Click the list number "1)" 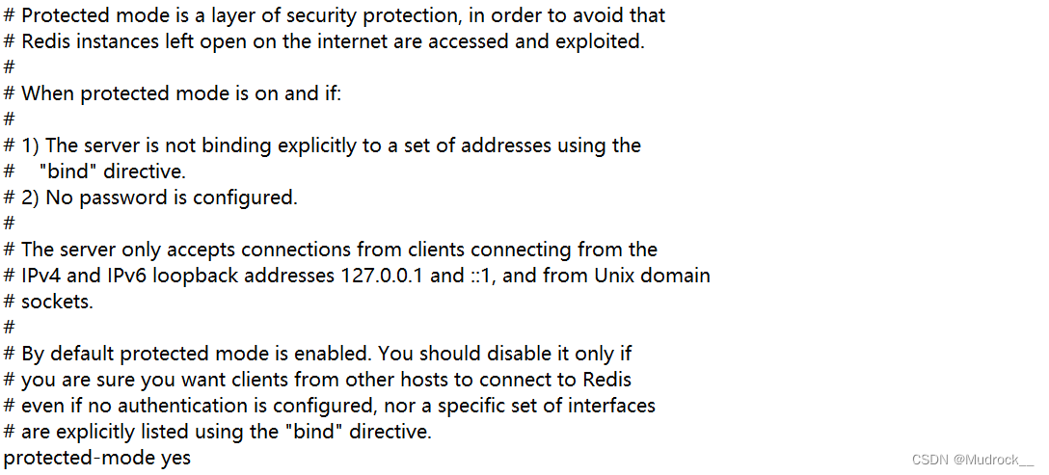coord(31,145)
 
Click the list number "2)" coord(31,198)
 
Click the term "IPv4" coord(40,276)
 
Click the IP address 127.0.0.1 coord(382,276)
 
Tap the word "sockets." coord(58,302)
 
